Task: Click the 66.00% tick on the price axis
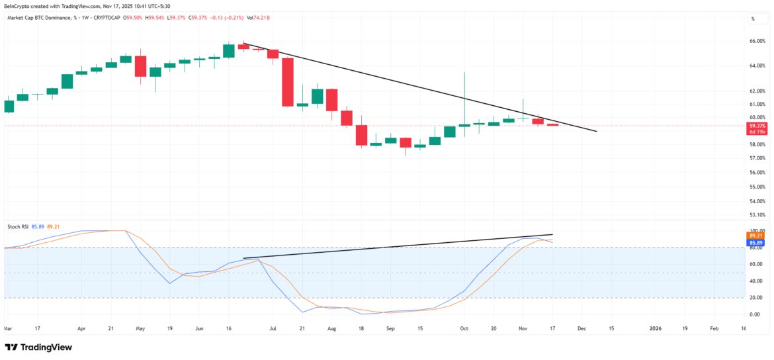tap(757, 41)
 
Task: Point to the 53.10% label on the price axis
tap(757, 214)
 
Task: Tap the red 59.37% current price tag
tap(757, 125)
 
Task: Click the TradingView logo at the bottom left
tap(38, 347)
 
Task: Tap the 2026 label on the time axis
tap(655, 328)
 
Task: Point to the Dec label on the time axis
tap(581, 328)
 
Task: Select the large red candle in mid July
tap(287, 82)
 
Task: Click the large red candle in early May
tap(140, 66)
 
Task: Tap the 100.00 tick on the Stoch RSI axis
tap(757, 230)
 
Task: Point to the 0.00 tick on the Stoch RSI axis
tap(757, 315)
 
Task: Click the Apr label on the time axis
tap(81, 328)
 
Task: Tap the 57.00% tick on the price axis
tap(757, 158)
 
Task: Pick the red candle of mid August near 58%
tap(361, 135)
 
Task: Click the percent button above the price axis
tap(752, 19)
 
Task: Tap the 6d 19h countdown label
tap(757, 132)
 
